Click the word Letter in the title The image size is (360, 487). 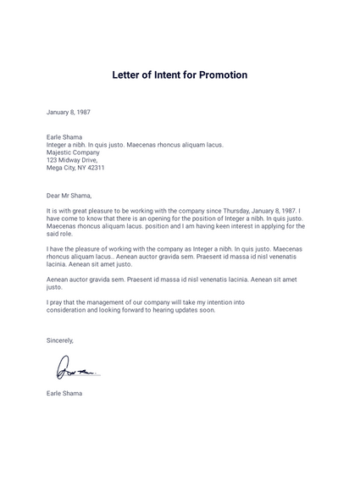click(128, 75)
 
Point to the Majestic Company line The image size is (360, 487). click(74, 152)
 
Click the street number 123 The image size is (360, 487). click(52, 160)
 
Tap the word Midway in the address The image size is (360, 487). click(70, 160)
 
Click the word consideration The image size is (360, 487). click(69, 310)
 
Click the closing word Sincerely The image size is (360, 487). click(60, 340)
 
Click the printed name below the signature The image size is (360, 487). click(64, 394)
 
